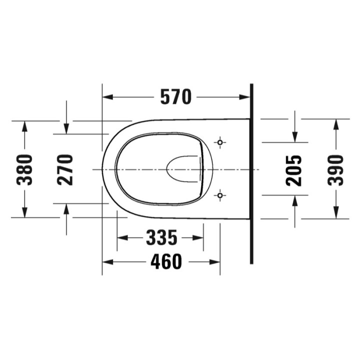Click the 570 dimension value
[175, 97]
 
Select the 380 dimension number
[24, 169]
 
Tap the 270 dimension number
[65, 169]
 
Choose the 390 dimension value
[335, 170]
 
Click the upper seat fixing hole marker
[220, 142]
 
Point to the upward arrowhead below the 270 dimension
[66, 209]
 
